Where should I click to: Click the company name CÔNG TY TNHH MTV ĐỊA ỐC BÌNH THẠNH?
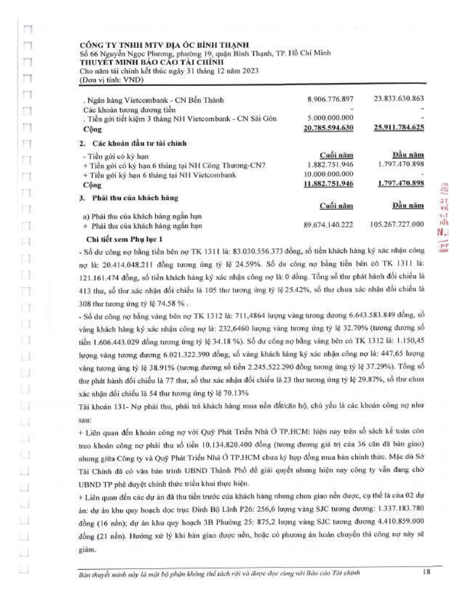pyautogui.click(x=164, y=45)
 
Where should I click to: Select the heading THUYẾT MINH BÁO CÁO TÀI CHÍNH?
pyautogui.click(x=152, y=62)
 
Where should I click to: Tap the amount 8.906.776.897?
pyautogui.click(x=330, y=99)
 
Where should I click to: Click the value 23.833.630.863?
pyautogui.click(x=399, y=99)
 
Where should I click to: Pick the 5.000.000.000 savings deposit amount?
pyautogui.click(x=330, y=118)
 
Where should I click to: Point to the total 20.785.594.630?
pyautogui.click(x=328, y=128)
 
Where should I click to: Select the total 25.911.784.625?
pyautogui.click(x=399, y=127)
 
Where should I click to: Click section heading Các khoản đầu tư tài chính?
pyautogui.click(x=139, y=143)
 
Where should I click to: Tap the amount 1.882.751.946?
pyautogui.click(x=330, y=164)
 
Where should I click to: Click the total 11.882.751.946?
pyautogui.click(x=328, y=184)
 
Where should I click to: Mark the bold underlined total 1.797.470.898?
pyautogui.click(x=400, y=183)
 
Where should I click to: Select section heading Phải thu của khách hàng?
pyautogui.click(x=135, y=198)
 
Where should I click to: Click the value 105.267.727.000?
pyautogui.click(x=397, y=224)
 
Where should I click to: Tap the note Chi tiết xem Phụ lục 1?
pyautogui.click(x=124, y=239)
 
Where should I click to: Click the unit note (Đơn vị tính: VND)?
pyautogui.click(x=111, y=80)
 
